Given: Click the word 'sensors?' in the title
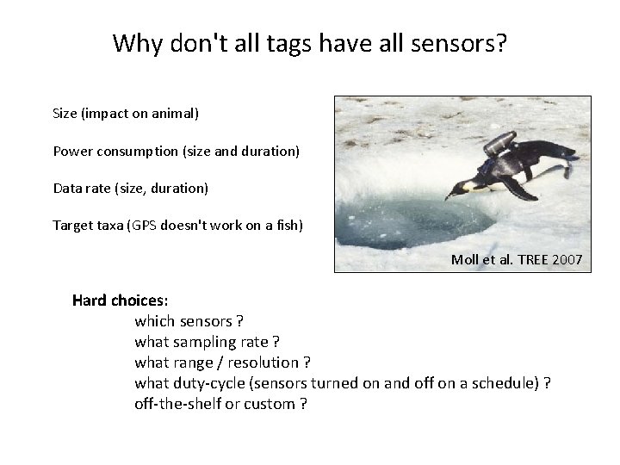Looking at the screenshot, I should coord(463,43).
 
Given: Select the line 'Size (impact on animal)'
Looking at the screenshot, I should coord(126,113).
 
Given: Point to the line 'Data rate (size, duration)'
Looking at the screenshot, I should coord(130,188).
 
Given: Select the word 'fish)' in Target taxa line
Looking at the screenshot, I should coord(286,226).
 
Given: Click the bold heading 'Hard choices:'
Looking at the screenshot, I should coord(121,301).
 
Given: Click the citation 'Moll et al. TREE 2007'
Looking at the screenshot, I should coord(516,259).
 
